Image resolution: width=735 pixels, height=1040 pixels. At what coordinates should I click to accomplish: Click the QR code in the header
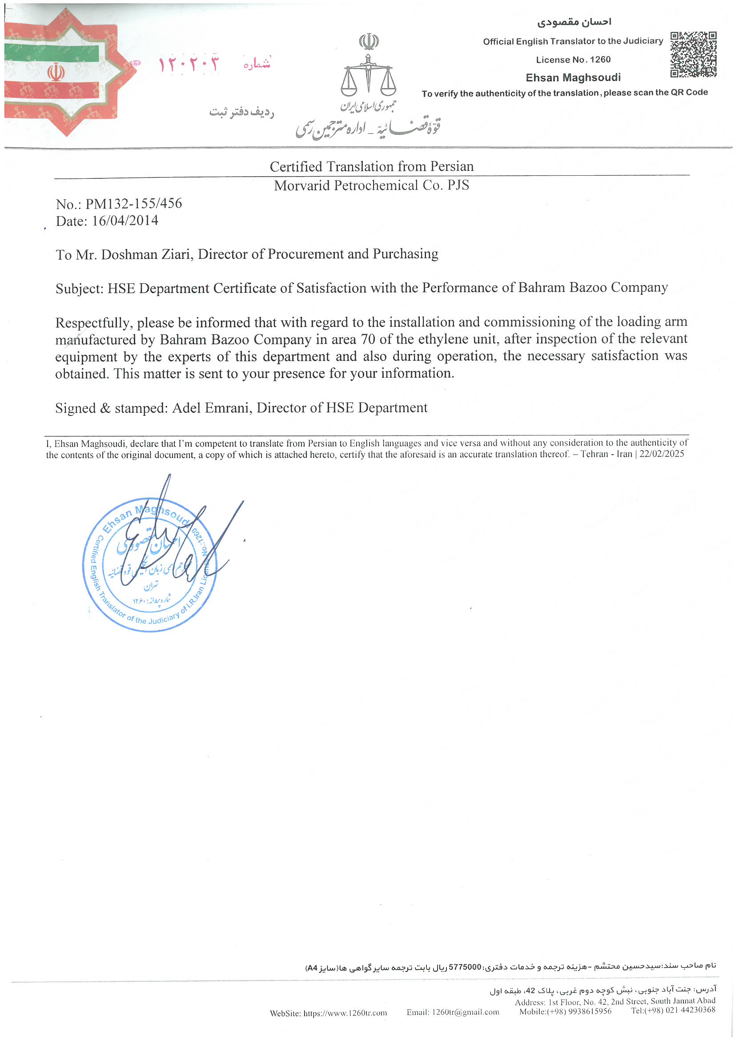[x=693, y=54]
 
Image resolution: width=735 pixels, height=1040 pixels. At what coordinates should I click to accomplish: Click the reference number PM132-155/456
[x=133, y=203]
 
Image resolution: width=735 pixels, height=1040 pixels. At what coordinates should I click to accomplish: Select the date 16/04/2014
[x=125, y=221]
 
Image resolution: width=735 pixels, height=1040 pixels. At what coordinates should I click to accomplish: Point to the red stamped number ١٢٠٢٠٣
[x=189, y=64]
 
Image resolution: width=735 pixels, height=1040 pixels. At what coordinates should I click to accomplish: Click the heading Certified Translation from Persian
[x=371, y=166]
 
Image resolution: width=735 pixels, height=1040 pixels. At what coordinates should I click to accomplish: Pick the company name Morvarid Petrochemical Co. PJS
[x=371, y=185]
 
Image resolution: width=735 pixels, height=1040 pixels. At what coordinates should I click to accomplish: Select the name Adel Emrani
[x=212, y=407]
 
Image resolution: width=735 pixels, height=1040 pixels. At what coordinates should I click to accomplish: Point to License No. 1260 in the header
[x=573, y=60]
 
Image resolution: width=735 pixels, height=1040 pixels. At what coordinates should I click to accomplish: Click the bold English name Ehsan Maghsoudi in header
[x=573, y=77]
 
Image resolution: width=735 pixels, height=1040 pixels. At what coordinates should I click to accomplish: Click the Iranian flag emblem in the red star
[x=56, y=73]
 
